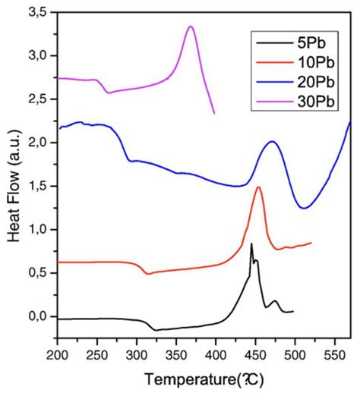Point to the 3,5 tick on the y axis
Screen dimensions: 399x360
40,11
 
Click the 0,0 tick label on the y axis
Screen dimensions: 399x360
40,316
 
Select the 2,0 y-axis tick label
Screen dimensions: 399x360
40,143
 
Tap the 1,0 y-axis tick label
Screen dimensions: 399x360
40,229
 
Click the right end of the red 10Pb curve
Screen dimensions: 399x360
311,243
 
